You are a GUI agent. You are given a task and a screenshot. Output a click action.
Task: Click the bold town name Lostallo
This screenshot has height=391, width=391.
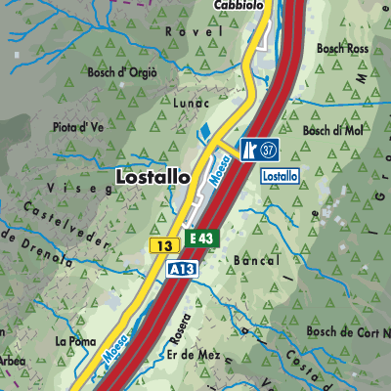click(152, 177)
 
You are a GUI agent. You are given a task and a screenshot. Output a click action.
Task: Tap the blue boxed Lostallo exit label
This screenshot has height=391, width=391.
click(280, 174)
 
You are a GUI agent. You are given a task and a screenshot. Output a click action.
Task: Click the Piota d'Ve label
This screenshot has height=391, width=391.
click(79, 126)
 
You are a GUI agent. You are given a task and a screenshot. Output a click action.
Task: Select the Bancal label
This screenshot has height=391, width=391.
click(258, 261)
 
